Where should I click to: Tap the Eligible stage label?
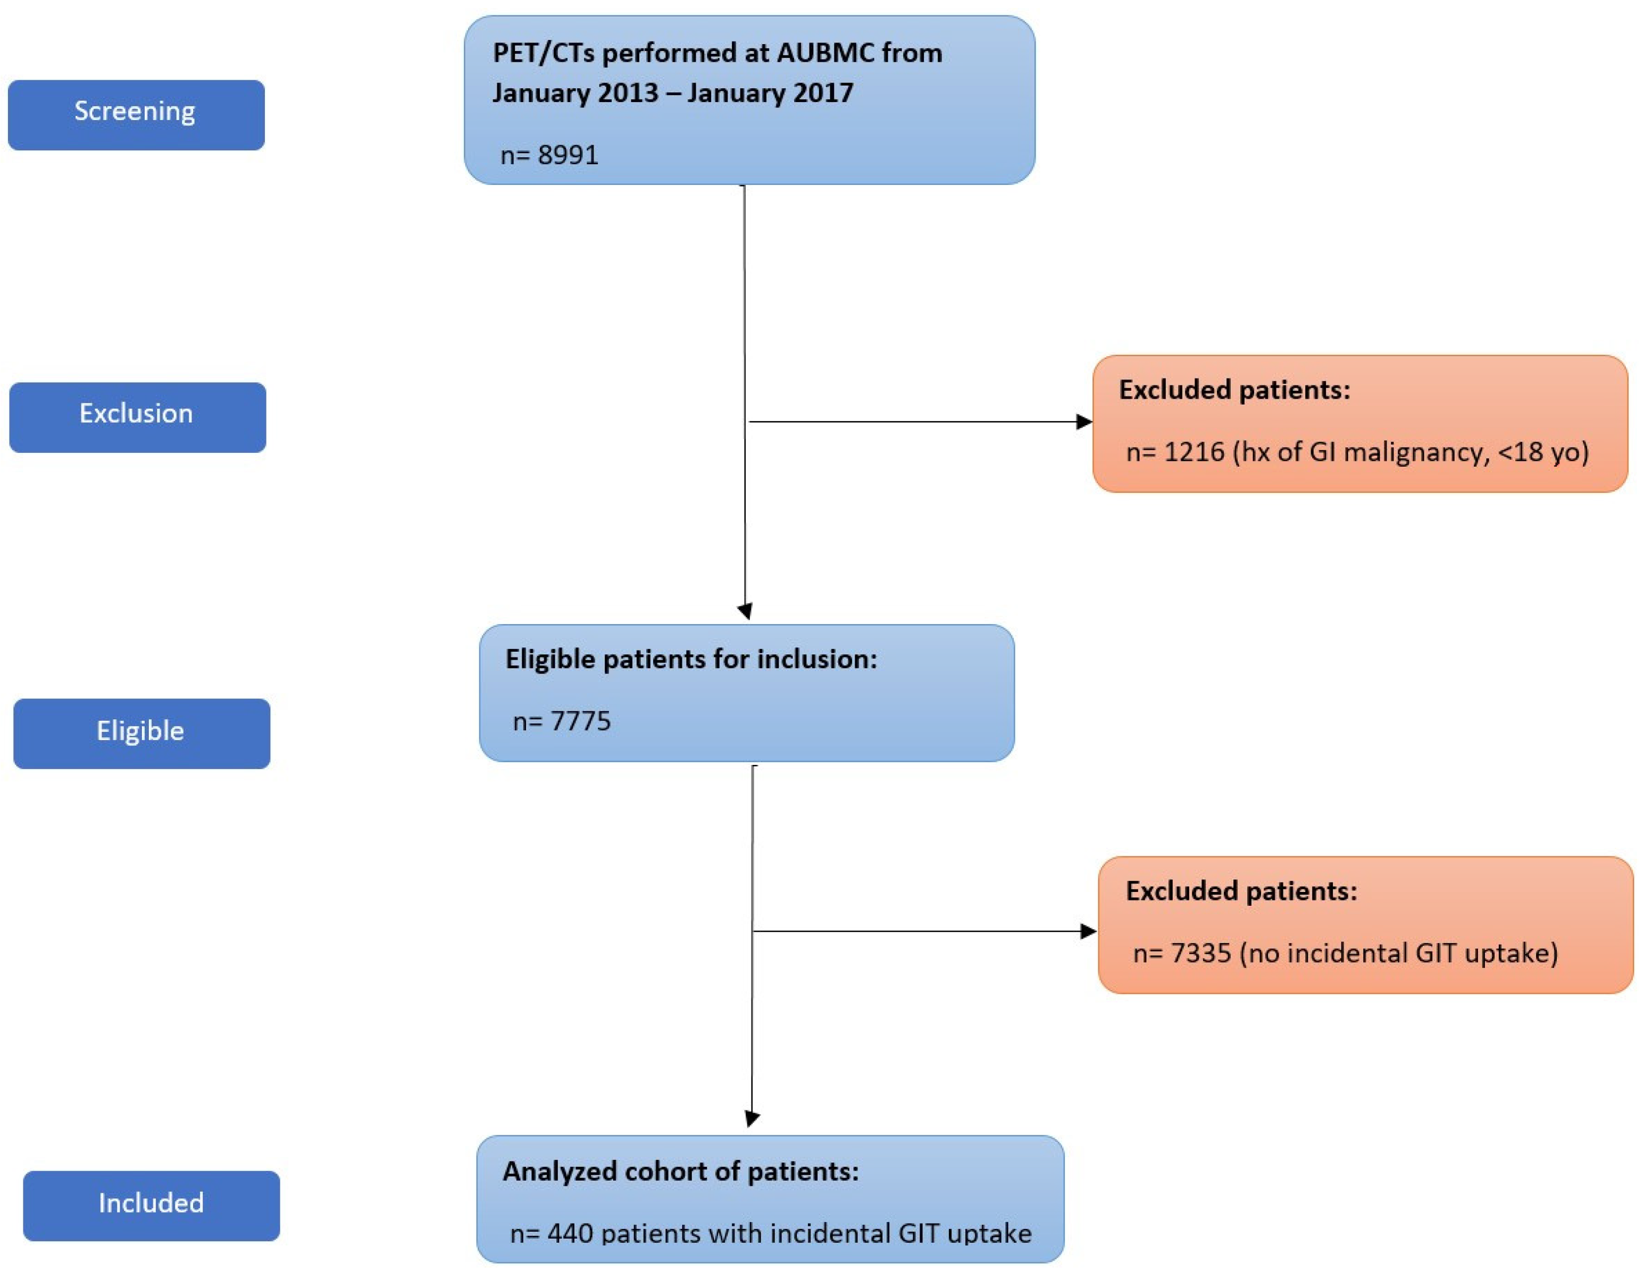tap(141, 732)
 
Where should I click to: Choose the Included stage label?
tap(151, 1204)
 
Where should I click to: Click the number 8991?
tap(569, 155)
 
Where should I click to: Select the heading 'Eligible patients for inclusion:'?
tap(691, 659)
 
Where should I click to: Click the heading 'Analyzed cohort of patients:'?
tap(680, 1172)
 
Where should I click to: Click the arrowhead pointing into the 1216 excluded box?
tap(1084, 422)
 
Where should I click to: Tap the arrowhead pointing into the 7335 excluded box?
tap(1089, 932)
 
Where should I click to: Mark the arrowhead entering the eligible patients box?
tap(745, 612)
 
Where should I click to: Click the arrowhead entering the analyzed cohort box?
tap(752, 1119)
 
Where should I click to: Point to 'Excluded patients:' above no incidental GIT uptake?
tap(1241, 891)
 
